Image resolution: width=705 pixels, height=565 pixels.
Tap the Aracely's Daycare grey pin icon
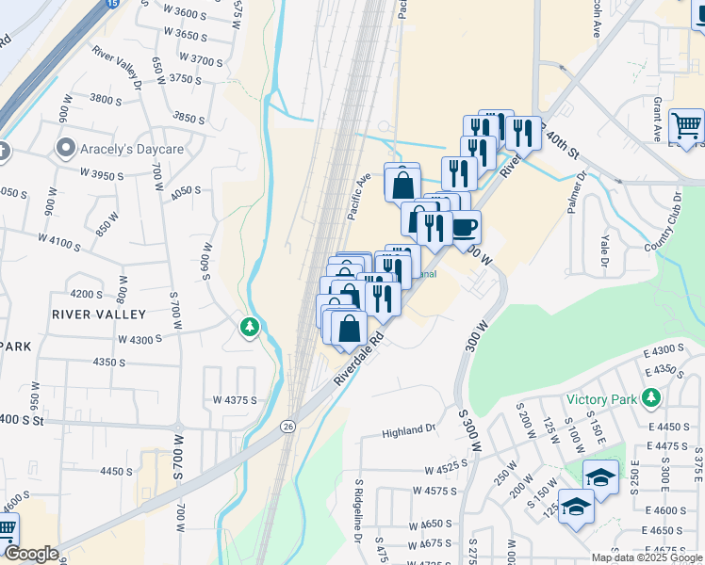pyautogui.click(x=65, y=148)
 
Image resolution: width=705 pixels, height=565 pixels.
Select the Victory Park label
pyautogui.click(x=602, y=398)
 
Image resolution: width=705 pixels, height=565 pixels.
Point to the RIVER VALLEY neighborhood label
pyautogui.click(x=99, y=314)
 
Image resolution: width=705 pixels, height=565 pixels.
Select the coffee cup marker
pyautogui.click(x=465, y=228)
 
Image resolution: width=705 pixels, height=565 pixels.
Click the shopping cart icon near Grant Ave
pyautogui.click(x=686, y=125)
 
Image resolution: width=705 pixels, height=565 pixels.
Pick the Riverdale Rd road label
pyautogui.click(x=359, y=357)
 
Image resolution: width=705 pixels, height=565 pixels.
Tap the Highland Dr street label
pyautogui.click(x=409, y=431)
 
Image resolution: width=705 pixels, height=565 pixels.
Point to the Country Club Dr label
pyautogui.click(x=664, y=221)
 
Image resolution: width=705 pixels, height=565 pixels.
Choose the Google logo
pyautogui.click(x=30, y=554)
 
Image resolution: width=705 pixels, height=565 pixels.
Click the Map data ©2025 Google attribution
pyautogui.click(x=648, y=557)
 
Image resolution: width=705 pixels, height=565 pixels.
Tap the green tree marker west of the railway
pyautogui.click(x=250, y=327)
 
